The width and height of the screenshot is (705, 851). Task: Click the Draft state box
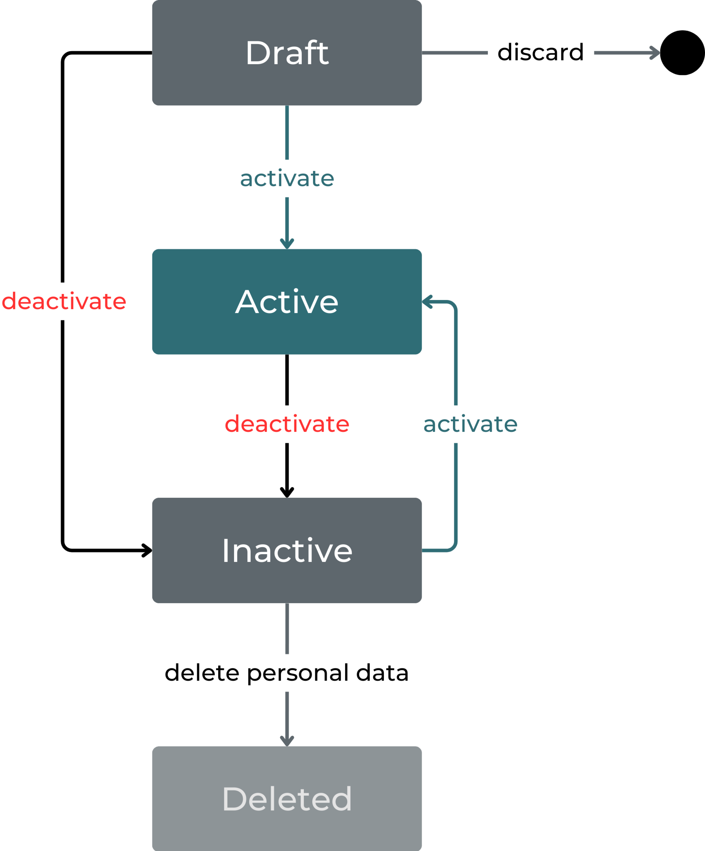click(287, 53)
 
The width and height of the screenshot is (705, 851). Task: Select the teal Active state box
click(287, 302)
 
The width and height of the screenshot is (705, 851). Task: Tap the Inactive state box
click(287, 550)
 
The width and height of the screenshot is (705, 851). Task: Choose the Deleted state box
click(287, 798)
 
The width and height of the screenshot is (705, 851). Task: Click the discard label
click(540, 52)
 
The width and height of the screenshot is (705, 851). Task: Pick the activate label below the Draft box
click(287, 178)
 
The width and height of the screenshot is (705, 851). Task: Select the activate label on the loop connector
click(470, 424)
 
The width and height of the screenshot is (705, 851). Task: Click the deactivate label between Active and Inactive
click(287, 424)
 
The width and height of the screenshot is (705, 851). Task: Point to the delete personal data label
click(287, 673)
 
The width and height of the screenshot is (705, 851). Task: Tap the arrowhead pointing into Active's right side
click(426, 302)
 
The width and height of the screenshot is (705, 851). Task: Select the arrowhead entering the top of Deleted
click(287, 742)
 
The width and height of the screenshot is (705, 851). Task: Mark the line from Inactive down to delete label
click(287, 628)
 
